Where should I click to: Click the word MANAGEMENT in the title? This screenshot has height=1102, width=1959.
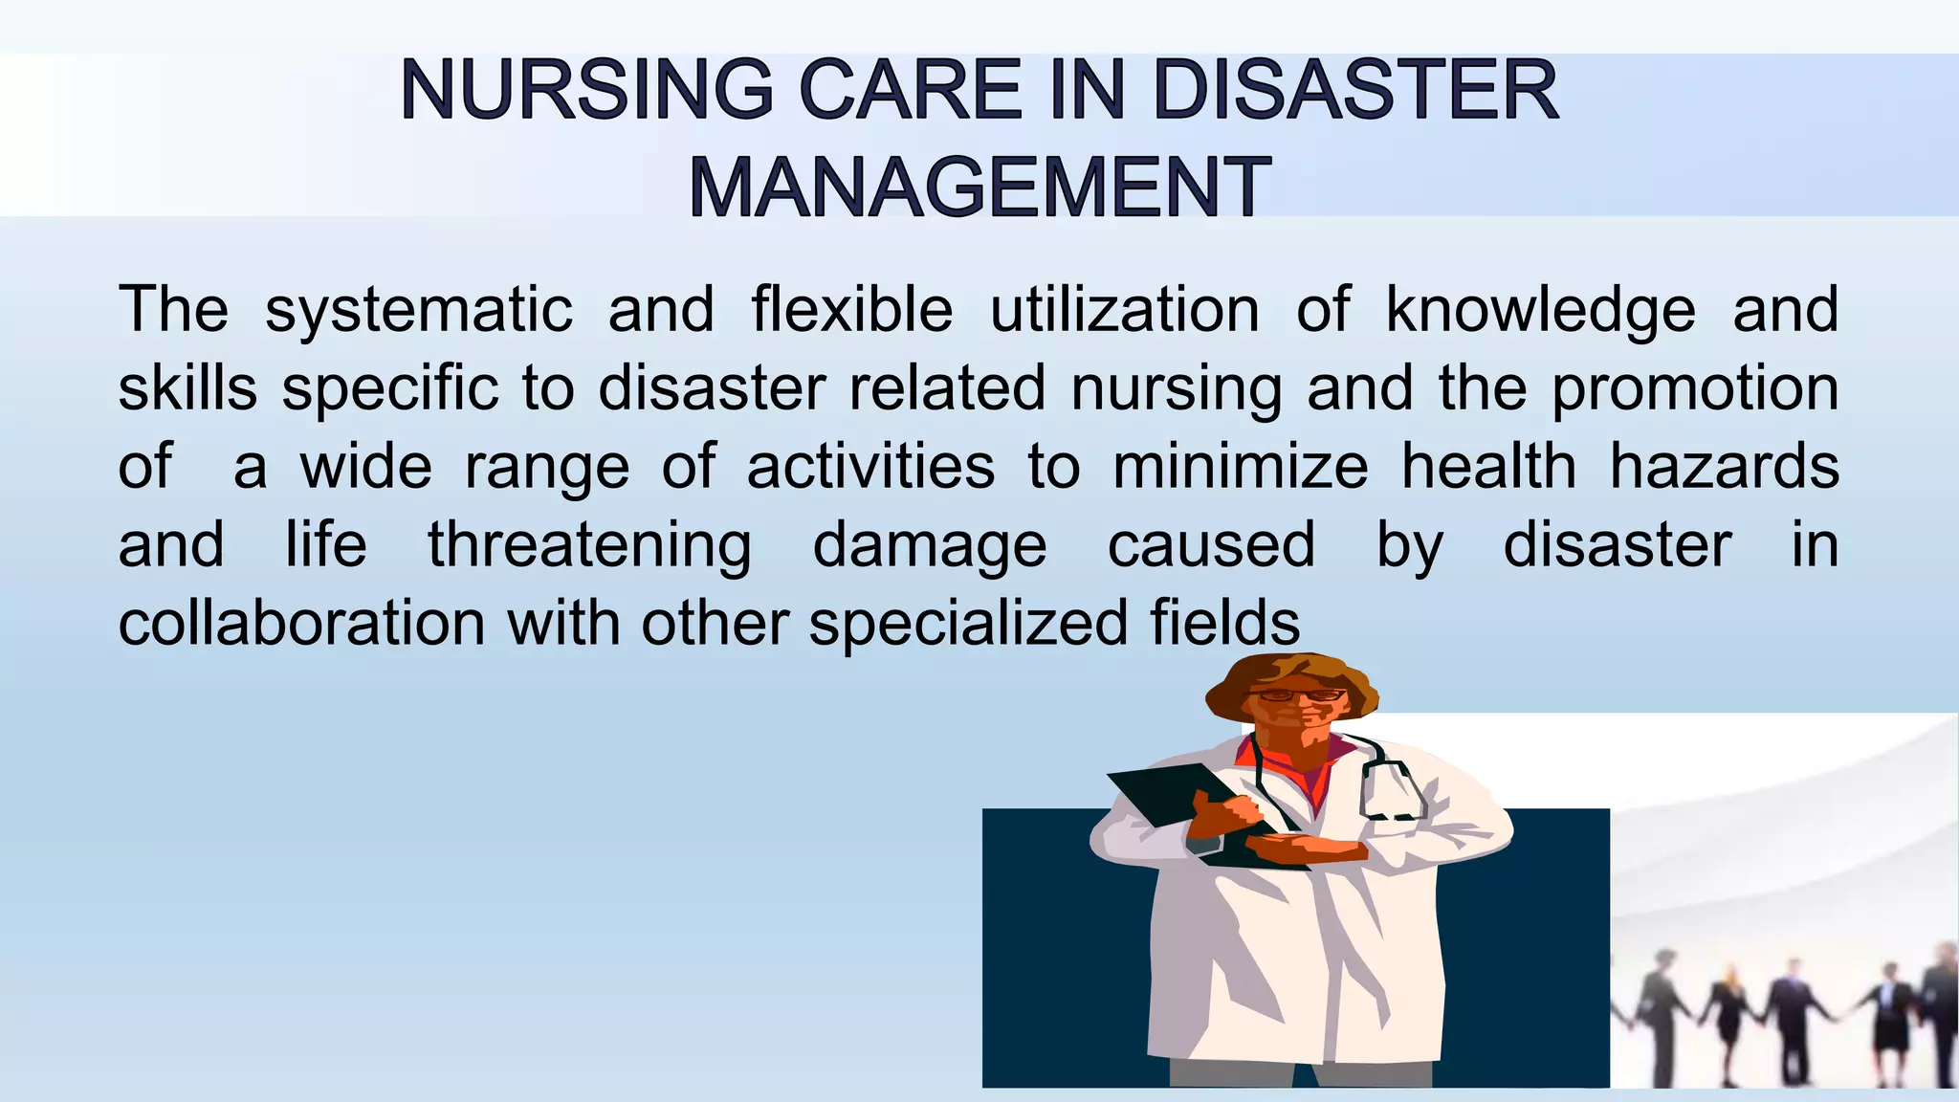coord(979,187)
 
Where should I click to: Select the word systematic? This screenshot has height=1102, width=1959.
coord(419,310)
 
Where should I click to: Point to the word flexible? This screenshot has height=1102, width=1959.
coord(852,310)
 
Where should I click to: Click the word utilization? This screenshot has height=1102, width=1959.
coord(1125,310)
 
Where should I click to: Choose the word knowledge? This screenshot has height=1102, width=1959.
coord(1541,310)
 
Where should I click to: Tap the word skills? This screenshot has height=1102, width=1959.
coord(187,388)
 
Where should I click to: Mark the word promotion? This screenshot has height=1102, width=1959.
coord(1695,388)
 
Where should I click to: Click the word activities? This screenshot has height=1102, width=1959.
coord(870,467)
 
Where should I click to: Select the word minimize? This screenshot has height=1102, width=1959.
coord(1241,467)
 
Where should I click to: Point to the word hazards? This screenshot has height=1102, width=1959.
coord(1725,467)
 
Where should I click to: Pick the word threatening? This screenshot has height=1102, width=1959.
coord(589,545)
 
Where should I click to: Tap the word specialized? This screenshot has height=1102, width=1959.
coord(969,624)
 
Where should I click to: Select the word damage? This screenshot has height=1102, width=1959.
coord(930,545)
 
